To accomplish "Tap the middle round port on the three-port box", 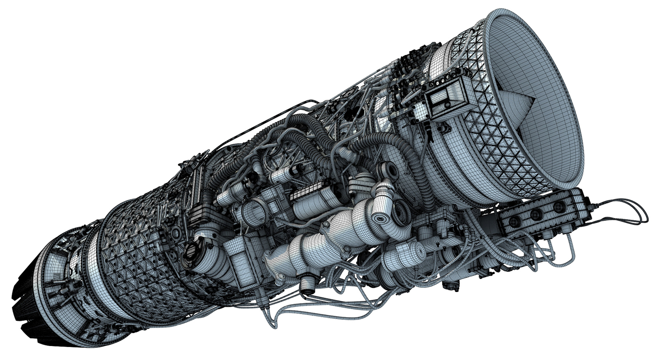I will click(x=536, y=214).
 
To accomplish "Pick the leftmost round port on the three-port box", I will click(x=514, y=221).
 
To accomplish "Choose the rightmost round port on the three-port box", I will click(x=559, y=207).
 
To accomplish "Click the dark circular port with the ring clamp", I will click(x=192, y=250).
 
